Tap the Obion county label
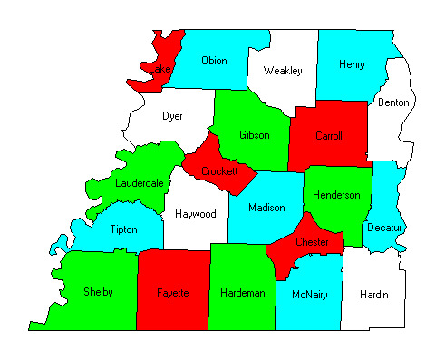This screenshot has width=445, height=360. pos(214,61)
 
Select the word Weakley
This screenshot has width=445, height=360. pos(282,70)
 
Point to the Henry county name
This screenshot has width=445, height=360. pos(351,64)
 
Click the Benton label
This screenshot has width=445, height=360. pos(394,102)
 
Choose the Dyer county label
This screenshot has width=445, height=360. pos(172,116)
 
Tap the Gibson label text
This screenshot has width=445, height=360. pos(255,135)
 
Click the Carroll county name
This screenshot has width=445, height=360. pos(328,136)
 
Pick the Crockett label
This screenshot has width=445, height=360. pos(219,170)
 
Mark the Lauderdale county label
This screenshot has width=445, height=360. pos(140,183)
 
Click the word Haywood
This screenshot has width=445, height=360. pos(195,215)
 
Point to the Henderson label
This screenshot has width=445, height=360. pos(336,195)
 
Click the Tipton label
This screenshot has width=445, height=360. pos(124,230)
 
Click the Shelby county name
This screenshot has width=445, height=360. pos(98,292)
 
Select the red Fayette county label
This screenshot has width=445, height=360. pos(171,293)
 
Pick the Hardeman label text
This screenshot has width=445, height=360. pos(242,293)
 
